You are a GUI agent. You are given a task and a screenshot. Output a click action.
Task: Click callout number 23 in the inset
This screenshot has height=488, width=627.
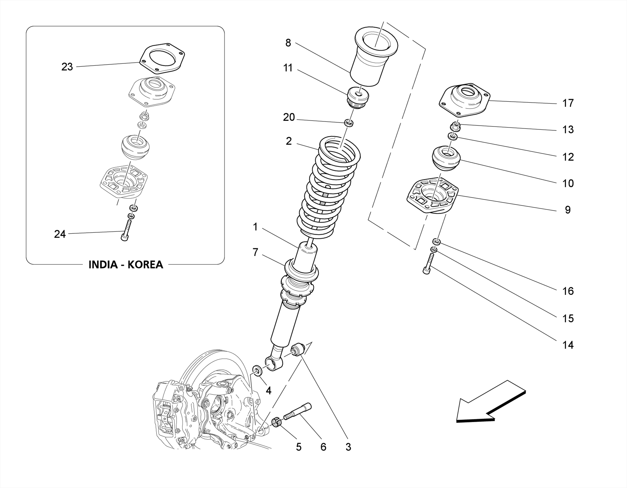(x=67, y=67)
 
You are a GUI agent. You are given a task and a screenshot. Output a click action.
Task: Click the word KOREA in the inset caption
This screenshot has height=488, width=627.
(x=145, y=265)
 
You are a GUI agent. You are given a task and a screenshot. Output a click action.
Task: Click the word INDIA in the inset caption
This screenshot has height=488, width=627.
(x=103, y=265)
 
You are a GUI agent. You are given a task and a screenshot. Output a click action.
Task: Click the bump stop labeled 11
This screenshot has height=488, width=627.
(x=358, y=97)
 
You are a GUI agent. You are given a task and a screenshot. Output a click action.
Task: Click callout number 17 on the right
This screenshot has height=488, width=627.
(x=568, y=103)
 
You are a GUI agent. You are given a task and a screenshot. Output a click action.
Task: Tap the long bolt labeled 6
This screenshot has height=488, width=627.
(x=298, y=412)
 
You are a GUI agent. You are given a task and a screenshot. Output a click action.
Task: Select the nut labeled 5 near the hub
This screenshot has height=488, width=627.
(x=276, y=423)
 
